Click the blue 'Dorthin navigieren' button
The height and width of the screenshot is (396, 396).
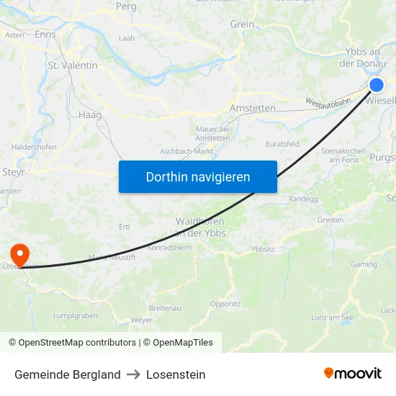click(x=198, y=176)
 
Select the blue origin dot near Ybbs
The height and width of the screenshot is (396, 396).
click(x=376, y=85)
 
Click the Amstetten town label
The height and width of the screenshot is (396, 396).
click(x=252, y=108)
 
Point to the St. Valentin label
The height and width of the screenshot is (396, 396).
click(x=72, y=66)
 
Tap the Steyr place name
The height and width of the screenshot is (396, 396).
click(x=14, y=172)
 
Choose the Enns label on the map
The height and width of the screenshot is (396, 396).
click(x=45, y=34)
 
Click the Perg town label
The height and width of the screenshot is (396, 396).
click(x=126, y=6)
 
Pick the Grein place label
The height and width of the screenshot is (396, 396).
click(x=242, y=24)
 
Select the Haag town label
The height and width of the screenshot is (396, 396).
click(x=90, y=114)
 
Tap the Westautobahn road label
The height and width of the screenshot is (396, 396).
click(x=328, y=103)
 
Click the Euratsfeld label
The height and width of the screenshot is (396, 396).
click(x=282, y=144)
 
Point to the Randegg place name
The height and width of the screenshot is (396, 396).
click(x=302, y=199)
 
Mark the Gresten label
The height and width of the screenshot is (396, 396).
click(x=330, y=220)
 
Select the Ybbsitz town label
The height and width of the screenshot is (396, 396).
click(x=263, y=249)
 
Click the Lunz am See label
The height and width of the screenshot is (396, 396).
click(x=332, y=318)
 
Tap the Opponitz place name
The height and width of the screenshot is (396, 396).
click(x=225, y=304)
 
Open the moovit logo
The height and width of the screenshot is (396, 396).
click(x=353, y=374)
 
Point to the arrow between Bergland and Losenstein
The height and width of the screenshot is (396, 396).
click(x=133, y=374)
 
